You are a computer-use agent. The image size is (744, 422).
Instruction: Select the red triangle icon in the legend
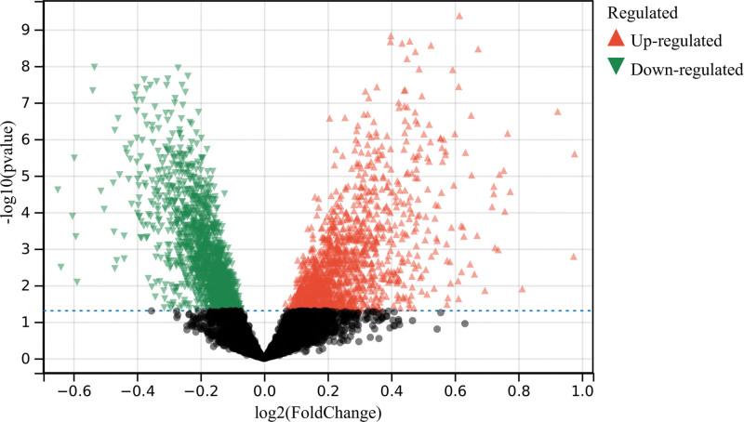(616, 39)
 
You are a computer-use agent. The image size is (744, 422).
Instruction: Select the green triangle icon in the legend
(616, 68)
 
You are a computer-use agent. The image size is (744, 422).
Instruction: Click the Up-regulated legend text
(676, 40)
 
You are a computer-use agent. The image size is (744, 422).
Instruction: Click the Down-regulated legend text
(686, 69)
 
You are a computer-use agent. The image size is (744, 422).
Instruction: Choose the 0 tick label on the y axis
(29, 359)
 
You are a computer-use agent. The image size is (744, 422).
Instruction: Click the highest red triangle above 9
(459, 16)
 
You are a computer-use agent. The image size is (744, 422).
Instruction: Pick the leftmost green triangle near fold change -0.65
(58, 190)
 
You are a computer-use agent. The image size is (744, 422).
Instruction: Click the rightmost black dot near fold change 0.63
(465, 323)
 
